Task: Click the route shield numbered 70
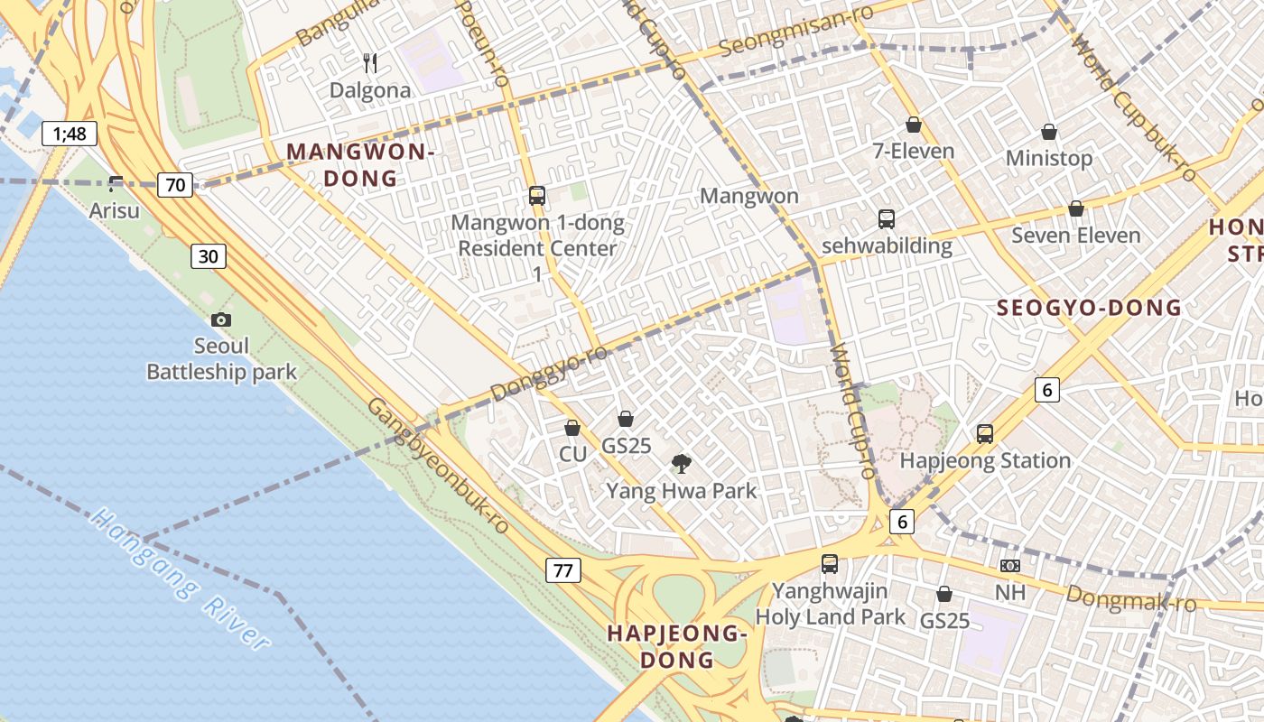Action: (175, 186)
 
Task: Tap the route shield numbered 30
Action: (208, 256)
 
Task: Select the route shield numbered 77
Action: (563, 570)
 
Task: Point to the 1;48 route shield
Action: (70, 134)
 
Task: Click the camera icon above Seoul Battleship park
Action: (220, 319)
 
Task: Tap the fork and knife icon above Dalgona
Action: (369, 62)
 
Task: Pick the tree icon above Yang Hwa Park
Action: (682, 464)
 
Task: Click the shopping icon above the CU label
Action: (572, 428)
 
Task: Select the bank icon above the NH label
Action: (1010, 566)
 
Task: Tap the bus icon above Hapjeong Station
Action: (985, 434)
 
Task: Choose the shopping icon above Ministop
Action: (1049, 133)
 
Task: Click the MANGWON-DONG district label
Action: (361, 164)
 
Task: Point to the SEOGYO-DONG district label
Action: (1089, 308)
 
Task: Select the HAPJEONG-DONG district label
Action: (677, 646)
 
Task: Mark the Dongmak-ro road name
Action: (1130, 598)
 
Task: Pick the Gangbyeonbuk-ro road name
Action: (437, 464)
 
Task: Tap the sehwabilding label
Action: (887, 245)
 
